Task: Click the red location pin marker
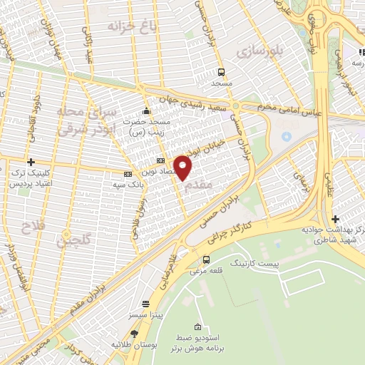[x=183, y=168]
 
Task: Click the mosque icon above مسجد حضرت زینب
[x=147, y=111]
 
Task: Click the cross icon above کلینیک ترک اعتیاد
[x=31, y=163]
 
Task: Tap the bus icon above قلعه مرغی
[x=206, y=260]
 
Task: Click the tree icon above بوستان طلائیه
[x=134, y=333]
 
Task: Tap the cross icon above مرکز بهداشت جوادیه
[x=335, y=219]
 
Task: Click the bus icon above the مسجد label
[x=221, y=72]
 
